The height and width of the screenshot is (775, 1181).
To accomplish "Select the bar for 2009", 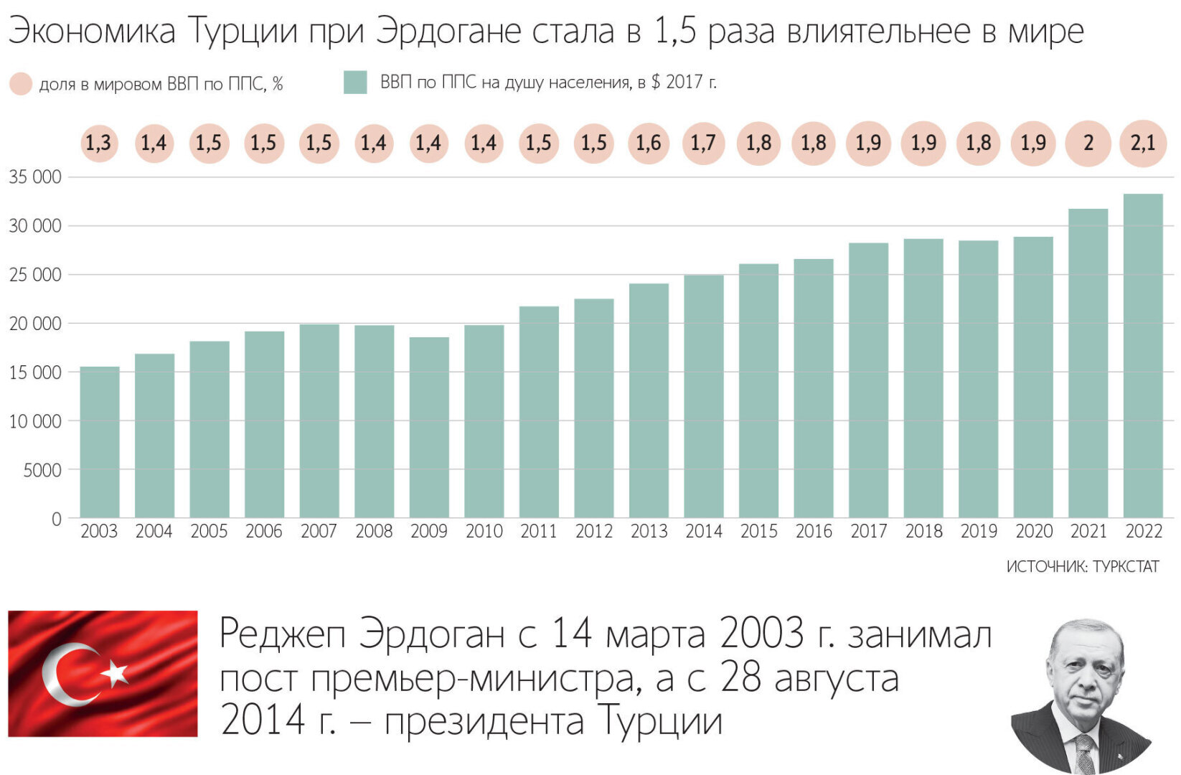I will tap(429, 428).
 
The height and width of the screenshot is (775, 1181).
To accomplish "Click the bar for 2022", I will tap(1143, 356).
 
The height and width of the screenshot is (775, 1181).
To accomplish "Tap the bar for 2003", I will tap(99, 442).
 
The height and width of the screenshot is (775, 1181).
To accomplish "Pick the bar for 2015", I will tap(758, 391).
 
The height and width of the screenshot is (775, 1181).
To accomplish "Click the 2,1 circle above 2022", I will tap(1143, 143).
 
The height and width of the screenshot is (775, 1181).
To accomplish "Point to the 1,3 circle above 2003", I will tap(99, 143).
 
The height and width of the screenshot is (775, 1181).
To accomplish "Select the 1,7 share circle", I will tap(703, 143).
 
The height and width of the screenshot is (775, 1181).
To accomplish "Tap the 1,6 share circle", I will tap(649, 143).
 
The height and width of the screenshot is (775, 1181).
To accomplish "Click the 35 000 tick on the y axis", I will tap(35, 177).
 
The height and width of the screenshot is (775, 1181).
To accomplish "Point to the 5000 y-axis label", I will tap(42, 470).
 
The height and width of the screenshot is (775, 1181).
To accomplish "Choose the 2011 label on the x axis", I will tap(539, 532).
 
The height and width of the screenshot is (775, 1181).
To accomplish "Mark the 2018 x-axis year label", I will tap(923, 532).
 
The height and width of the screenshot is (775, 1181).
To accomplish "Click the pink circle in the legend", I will tap(21, 84).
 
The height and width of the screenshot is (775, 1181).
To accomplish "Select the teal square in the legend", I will tap(355, 83).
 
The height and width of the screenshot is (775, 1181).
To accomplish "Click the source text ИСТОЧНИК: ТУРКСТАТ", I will tap(1082, 567).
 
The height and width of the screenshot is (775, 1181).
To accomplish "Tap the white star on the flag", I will tap(115, 673).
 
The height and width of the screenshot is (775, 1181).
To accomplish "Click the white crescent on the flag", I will tap(60, 675).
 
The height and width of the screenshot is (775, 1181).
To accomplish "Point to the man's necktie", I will tap(1084, 753).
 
